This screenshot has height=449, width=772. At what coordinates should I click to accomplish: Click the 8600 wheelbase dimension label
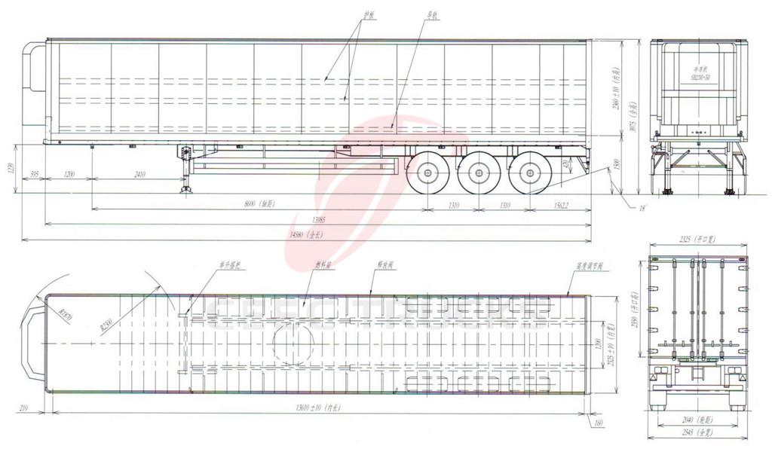click(261, 203)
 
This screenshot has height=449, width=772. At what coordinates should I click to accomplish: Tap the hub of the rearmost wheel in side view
click(529, 173)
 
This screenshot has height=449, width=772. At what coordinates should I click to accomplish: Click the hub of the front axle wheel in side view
click(427, 173)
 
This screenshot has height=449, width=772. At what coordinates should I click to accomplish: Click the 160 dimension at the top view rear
click(598, 423)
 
